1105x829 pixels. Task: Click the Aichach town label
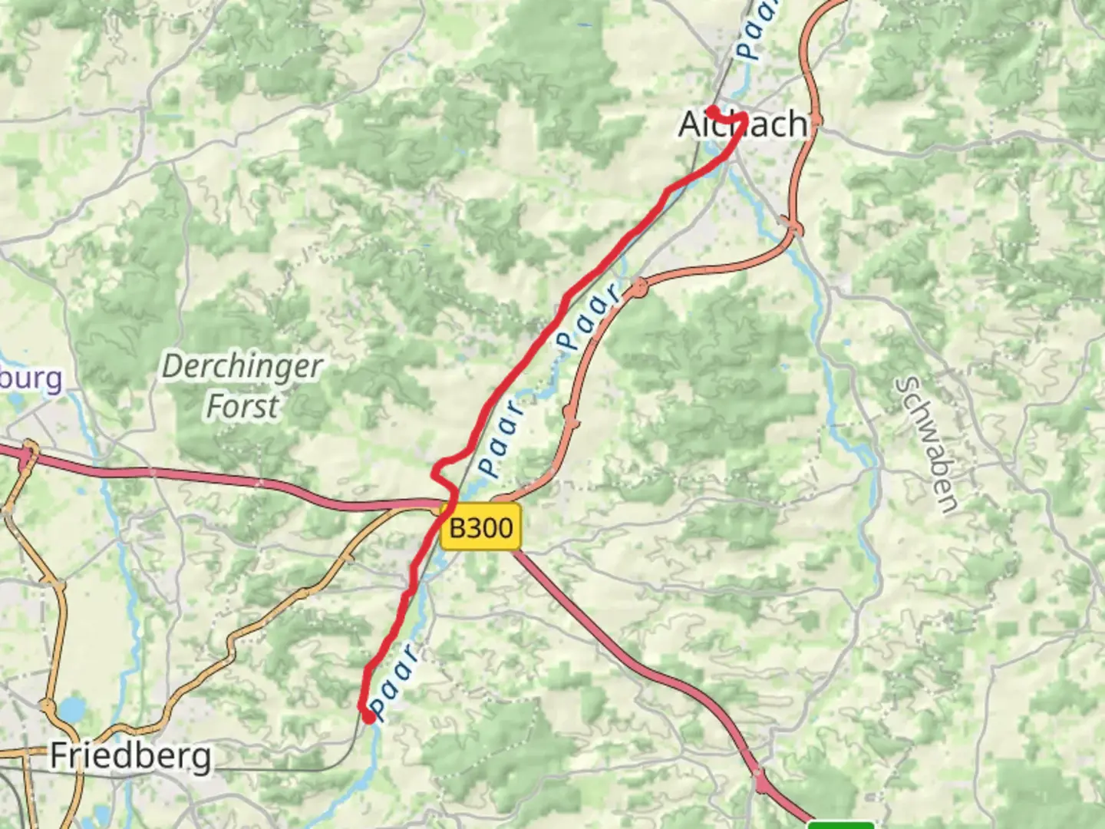coord(743,124)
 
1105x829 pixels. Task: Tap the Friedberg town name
coord(130,756)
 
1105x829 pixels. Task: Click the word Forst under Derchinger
coord(242,406)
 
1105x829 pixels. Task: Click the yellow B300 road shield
coord(481,527)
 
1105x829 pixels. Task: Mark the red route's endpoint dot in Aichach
coord(712,111)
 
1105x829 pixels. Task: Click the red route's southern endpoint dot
coord(368,717)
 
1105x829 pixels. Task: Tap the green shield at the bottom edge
coord(841,824)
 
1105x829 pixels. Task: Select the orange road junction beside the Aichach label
coord(815,121)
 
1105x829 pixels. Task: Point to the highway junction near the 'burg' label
coord(28,454)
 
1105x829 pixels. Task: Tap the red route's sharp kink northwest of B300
coord(435,474)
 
